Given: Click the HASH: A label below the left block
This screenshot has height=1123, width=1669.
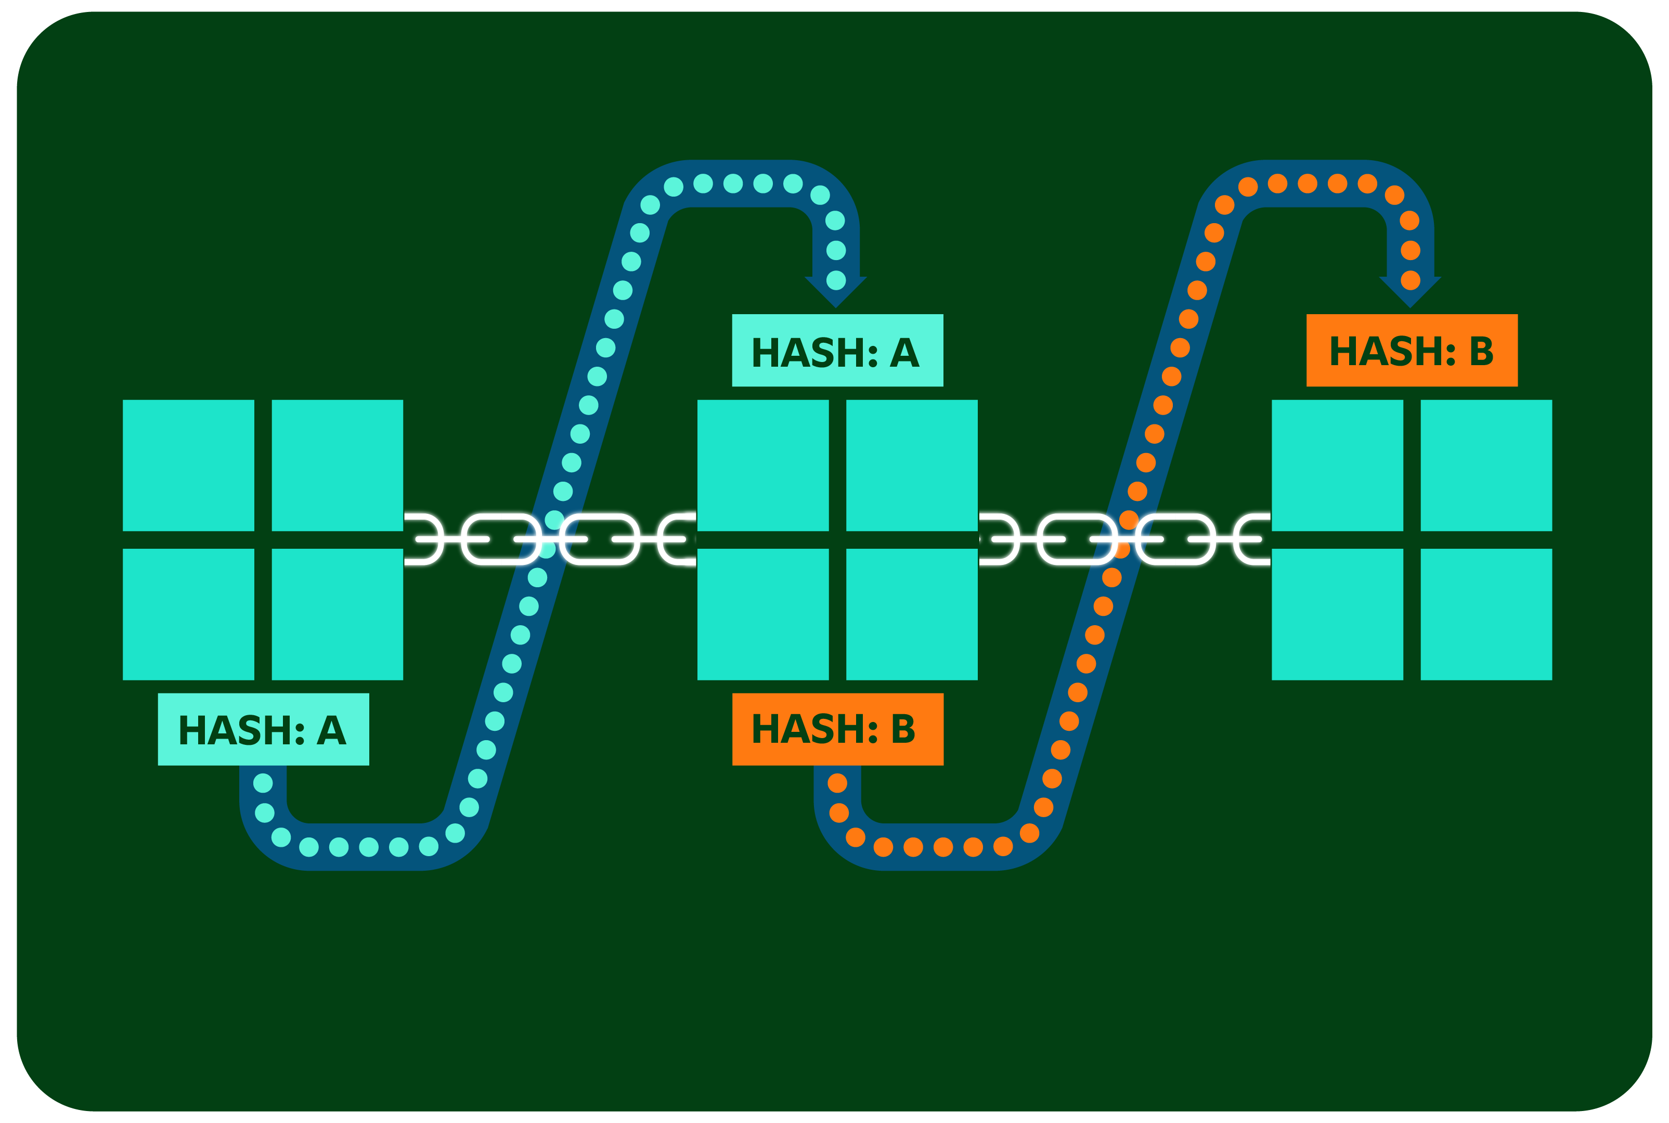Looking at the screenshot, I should (x=263, y=729).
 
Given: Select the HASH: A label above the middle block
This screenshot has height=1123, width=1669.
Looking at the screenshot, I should (x=837, y=350).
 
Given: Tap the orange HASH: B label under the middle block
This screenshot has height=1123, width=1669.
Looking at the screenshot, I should (x=837, y=729).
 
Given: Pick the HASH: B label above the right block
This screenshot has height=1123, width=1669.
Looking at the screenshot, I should (x=1411, y=350).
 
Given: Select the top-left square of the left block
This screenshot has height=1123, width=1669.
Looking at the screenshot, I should (x=188, y=466).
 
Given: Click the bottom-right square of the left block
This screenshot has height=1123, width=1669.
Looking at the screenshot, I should (x=337, y=614).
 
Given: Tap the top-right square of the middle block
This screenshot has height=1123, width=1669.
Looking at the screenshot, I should (x=911, y=466).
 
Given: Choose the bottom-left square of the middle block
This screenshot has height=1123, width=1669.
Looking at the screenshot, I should (x=762, y=614).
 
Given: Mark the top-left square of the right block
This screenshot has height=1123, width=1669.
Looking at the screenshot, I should (x=1337, y=466).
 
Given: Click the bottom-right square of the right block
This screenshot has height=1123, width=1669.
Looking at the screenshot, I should (x=1486, y=614).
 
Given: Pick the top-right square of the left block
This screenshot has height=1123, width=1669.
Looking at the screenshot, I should (x=337, y=466).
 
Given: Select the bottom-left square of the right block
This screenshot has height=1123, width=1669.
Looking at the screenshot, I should (x=1337, y=614).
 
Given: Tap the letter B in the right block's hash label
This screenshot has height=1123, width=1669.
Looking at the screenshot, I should (x=1481, y=352).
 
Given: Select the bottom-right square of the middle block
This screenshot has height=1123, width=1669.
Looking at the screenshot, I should (x=911, y=614).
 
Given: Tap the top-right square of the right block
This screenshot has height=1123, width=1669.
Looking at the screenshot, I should (x=1486, y=466).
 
